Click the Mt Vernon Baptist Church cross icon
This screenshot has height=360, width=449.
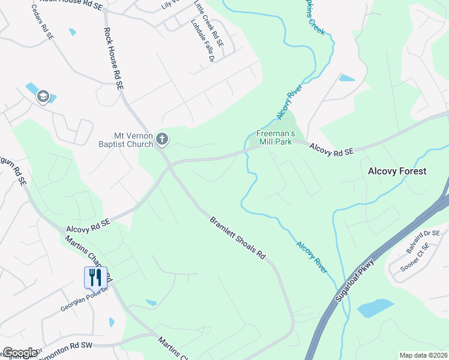pyautogui.click(x=161, y=140)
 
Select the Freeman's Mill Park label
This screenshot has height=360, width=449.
pyautogui.click(x=274, y=137)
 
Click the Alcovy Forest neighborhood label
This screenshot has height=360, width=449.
pyautogui.click(x=397, y=171)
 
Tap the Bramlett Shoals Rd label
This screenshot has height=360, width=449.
pyautogui.click(x=237, y=238)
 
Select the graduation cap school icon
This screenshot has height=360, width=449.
pyautogui.click(x=43, y=97)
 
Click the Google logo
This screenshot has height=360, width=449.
pyautogui.click(x=20, y=353)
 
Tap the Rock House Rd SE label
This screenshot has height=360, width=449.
pyautogui.click(x=113, y=59)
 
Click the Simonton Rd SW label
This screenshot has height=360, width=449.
pyautogui.click(x=67, y=347)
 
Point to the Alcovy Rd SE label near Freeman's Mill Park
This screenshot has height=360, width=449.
pyautogui.click(x=331, y=149)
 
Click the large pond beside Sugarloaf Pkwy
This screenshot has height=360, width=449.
pyautogui.click(x=376, y=308)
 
